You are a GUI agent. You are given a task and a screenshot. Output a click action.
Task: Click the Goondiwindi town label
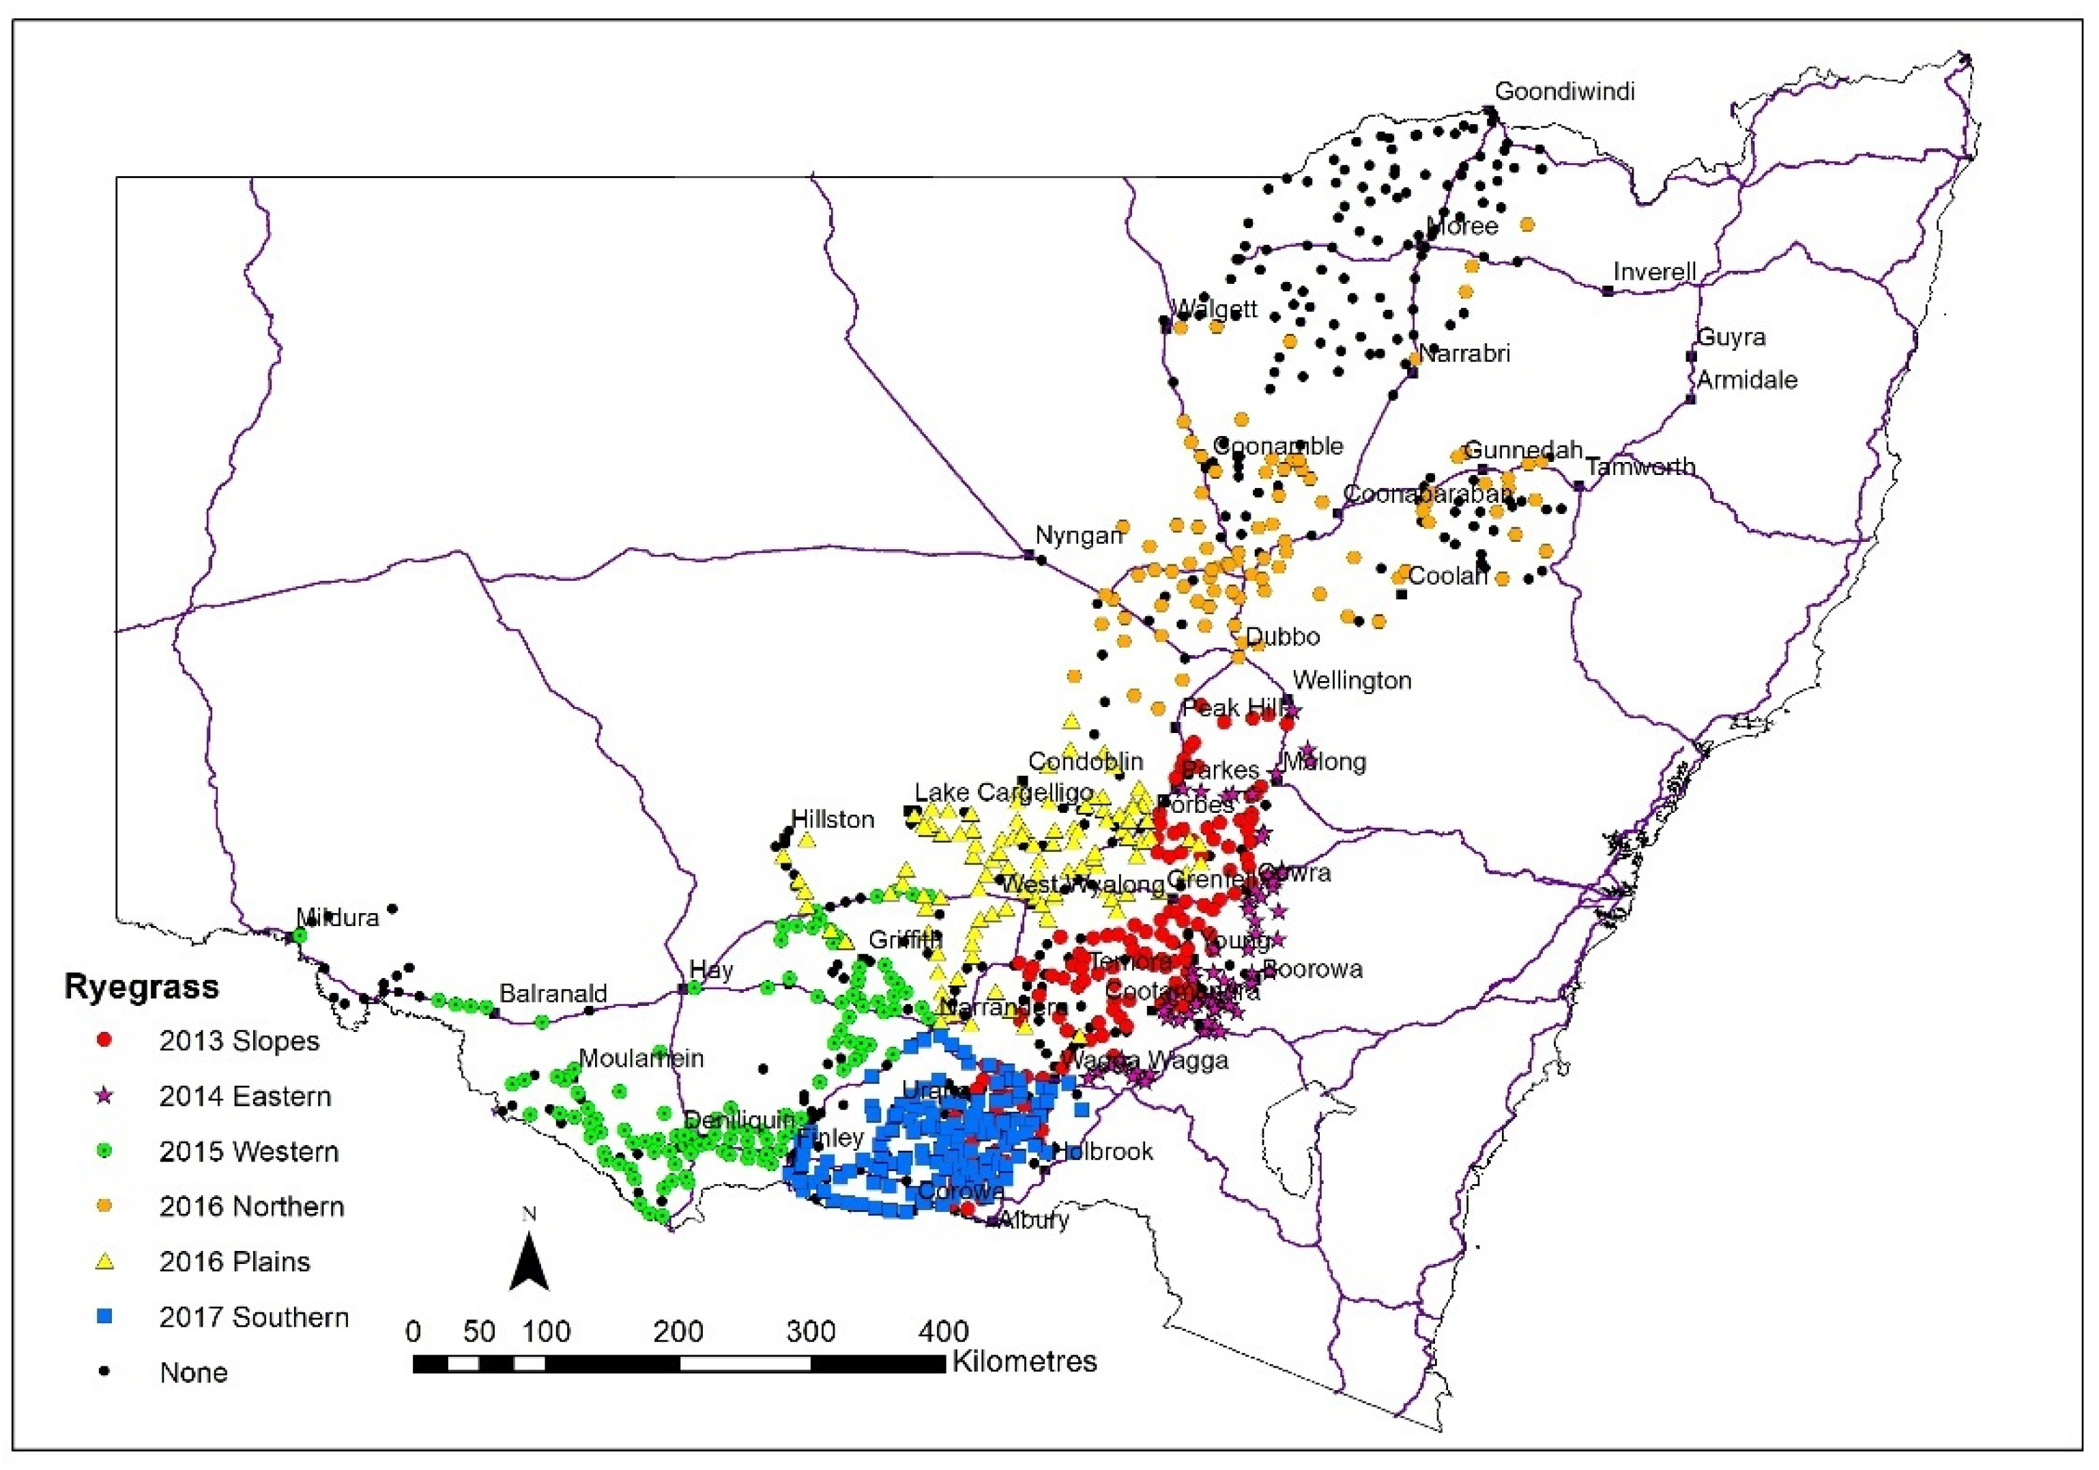[x=1564, y=91]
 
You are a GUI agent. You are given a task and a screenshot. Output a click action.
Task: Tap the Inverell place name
[x=1654, y=272]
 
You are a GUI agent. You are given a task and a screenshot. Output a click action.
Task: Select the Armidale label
[x=1747, y=379]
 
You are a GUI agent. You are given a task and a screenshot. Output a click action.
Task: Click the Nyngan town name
[x=1078, y=536]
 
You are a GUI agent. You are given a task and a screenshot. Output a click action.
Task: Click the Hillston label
[x=832, y=819]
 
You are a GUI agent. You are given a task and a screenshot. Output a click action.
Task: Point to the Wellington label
[x=1351, y=680]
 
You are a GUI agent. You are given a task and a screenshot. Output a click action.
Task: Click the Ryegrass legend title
[x=142, y=988]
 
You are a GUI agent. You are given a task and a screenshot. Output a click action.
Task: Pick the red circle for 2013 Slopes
[x=104, y=1040]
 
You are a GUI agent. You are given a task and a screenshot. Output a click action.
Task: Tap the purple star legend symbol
[x=104, y=1095]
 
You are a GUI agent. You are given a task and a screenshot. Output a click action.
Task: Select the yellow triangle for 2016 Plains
[x=104, y=1262]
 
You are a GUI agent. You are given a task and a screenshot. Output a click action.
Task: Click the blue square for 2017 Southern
[x=104, y=1317]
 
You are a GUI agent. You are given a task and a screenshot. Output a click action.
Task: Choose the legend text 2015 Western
[x=248, y=1152]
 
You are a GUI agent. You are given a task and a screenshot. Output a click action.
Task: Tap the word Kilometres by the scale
[x=1024, y=1361]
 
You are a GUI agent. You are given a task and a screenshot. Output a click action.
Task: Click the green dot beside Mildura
[x=299, y=934]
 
